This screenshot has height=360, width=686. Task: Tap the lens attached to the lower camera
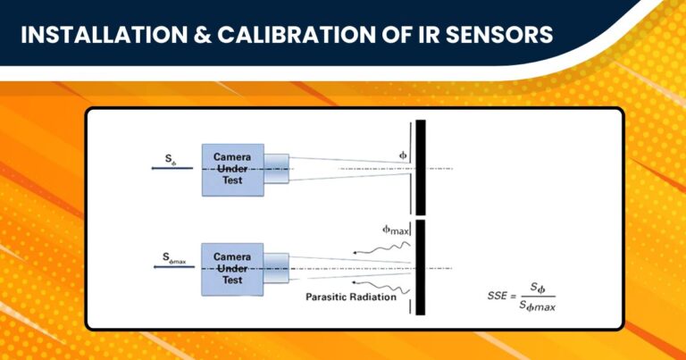point(279,268)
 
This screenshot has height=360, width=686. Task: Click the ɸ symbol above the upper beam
point(403,154)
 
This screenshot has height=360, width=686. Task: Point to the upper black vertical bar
point(421,165)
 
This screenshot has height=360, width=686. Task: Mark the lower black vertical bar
point(421,267)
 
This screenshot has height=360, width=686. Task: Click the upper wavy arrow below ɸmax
point(381,249)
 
